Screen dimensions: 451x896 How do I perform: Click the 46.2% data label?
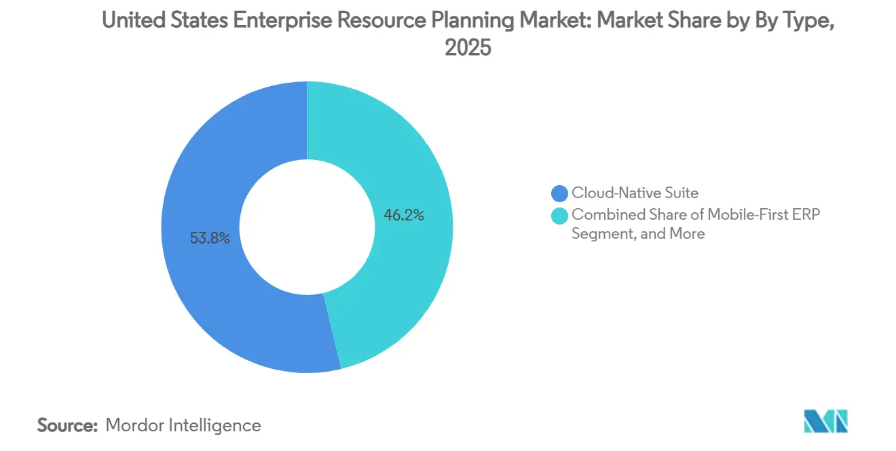(x=405, y=216)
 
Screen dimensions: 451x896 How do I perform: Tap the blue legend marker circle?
(x=560, y=193)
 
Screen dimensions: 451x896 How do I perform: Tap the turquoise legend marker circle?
(x=560, y=214)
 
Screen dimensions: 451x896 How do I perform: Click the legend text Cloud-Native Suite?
(x=635, y=193)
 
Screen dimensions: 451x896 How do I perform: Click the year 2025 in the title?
(x=467, y=48)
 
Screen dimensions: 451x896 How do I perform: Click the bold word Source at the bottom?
(x=68, y=426)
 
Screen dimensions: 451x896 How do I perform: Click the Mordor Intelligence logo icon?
(x=825, y=421)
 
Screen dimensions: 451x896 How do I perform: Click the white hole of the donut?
(x=307, y=227)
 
